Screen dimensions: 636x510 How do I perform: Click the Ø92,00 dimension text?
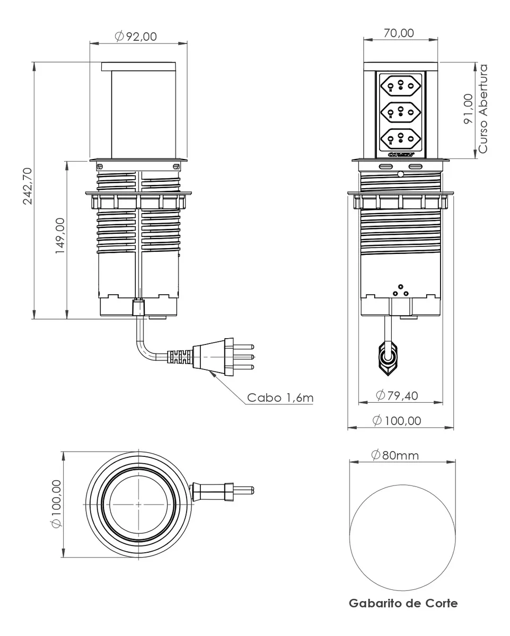(136, 36)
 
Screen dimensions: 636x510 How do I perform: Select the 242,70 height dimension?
(28, 185)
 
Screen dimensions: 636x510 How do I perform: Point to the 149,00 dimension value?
(60, 236)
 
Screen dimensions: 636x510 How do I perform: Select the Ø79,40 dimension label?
(396, 395)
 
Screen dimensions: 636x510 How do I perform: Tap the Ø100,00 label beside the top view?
(56, 503)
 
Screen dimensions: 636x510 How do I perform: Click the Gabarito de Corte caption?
(403, 603)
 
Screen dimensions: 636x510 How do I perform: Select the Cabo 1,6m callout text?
(280, 397)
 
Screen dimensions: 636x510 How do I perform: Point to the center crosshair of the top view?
(138, 504)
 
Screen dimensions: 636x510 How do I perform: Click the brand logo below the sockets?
(401, 155)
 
